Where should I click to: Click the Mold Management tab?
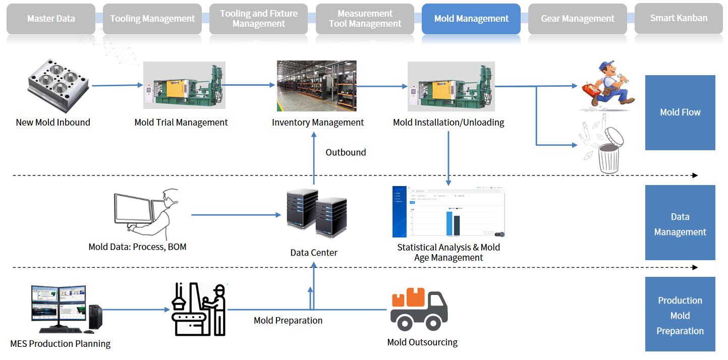click(x=471, y=19)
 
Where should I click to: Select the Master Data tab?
click(x=51, y=19)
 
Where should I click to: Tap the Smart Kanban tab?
click(x=679, y=18)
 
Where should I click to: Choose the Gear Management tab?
click(x=578, y=19)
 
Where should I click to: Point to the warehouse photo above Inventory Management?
click(x=316, y=86)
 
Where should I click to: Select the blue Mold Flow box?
click(x=680, y=112)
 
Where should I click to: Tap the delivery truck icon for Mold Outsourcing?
click(x=419, y=309)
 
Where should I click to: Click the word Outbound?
click(x=346, y=152)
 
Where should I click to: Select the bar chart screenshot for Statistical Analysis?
click(x=449, y=212)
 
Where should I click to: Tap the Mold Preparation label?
click(x=288, y=320)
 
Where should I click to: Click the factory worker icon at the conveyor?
click(x=198, y=309)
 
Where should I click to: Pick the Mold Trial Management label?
click(x=181, y=123)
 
